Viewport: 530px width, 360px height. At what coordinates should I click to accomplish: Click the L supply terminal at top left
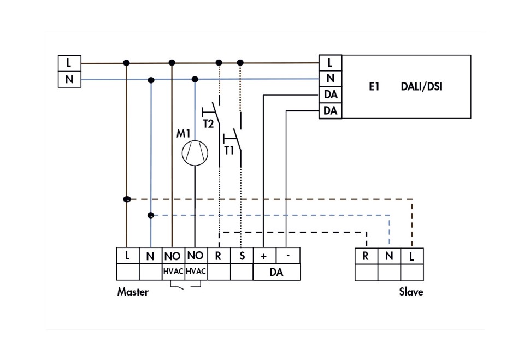click(69, 63)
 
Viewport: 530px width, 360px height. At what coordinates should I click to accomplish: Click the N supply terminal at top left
click(69, 80)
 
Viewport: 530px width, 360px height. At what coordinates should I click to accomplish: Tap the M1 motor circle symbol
click(195, 152)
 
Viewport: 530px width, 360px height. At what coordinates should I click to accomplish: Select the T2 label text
click(208, 124)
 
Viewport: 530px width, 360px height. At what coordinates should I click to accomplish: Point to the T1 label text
click(229, 150)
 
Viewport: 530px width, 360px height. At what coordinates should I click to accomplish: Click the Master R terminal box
click(219, 256)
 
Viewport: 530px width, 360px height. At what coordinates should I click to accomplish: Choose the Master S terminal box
click(242, 256)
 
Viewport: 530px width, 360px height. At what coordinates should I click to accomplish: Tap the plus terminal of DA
click(264, 256)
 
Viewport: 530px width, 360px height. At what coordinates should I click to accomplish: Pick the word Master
click(133, 292)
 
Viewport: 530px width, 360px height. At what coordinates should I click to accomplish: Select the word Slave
click(411, 292)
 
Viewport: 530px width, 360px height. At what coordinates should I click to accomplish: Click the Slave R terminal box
click(366, 256)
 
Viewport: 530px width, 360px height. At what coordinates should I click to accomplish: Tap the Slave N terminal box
click(389, 256)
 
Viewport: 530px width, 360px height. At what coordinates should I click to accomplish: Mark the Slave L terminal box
click(412, 256)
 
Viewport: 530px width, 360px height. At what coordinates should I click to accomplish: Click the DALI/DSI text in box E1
click(421, 86)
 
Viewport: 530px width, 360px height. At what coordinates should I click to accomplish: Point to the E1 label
click(374, 86)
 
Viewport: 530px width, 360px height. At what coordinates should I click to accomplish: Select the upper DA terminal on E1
click(331, 95)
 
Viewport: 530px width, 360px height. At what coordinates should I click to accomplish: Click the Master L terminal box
click(127, 256)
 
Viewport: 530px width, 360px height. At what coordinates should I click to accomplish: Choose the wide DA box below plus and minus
click(276, 272)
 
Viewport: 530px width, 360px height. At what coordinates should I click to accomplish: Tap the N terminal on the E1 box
click(331, 79)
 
